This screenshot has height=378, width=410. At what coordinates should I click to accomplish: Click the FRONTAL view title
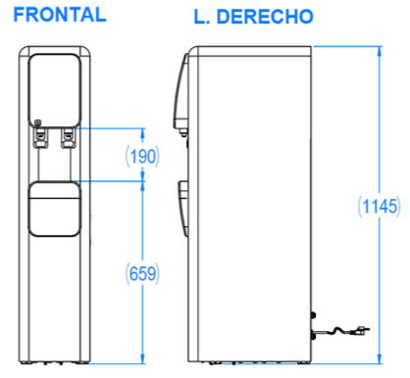60,15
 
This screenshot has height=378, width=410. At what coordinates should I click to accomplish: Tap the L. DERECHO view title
254,17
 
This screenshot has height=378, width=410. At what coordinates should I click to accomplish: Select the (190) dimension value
142,157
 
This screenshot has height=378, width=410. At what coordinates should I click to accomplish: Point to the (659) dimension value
142,273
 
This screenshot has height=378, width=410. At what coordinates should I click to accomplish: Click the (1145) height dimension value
379,207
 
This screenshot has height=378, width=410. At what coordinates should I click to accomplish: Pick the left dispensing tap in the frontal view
41,138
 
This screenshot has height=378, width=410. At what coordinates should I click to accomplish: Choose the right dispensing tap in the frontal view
69,138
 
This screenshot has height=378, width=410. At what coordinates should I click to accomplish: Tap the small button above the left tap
38,122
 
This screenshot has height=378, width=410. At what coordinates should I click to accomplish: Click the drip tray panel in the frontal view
54,209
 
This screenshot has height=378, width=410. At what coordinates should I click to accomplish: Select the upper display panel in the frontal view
54,91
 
